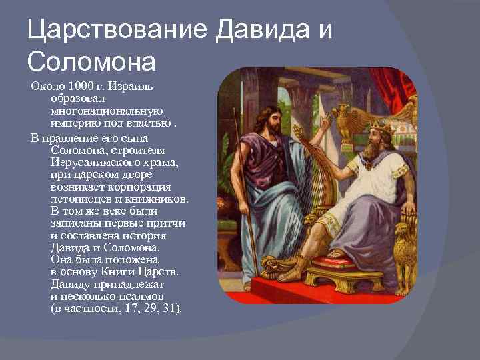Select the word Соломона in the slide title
pos(91,61)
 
